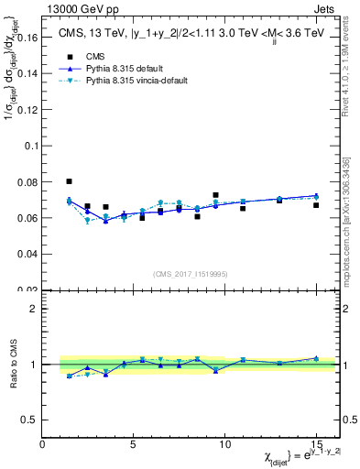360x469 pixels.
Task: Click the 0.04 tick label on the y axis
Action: tap(26, 253)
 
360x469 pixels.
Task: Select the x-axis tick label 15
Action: tap(316, 445)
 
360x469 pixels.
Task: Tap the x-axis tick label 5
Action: tap(134, 445)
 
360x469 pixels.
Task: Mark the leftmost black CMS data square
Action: tap(70, 181)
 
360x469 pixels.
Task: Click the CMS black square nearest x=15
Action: tap(316, 205)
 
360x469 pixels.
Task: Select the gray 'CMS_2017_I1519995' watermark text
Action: tap(191, 273)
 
